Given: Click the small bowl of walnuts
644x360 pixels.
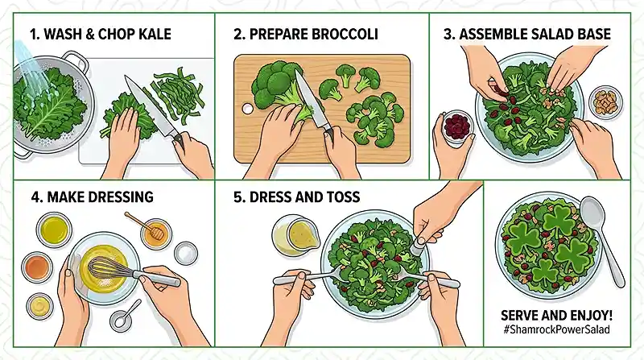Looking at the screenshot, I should [x=605, y=102].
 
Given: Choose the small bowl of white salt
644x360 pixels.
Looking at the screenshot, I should [x=185, y=252].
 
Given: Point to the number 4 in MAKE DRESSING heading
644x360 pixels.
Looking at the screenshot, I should [x=32, y=197].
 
